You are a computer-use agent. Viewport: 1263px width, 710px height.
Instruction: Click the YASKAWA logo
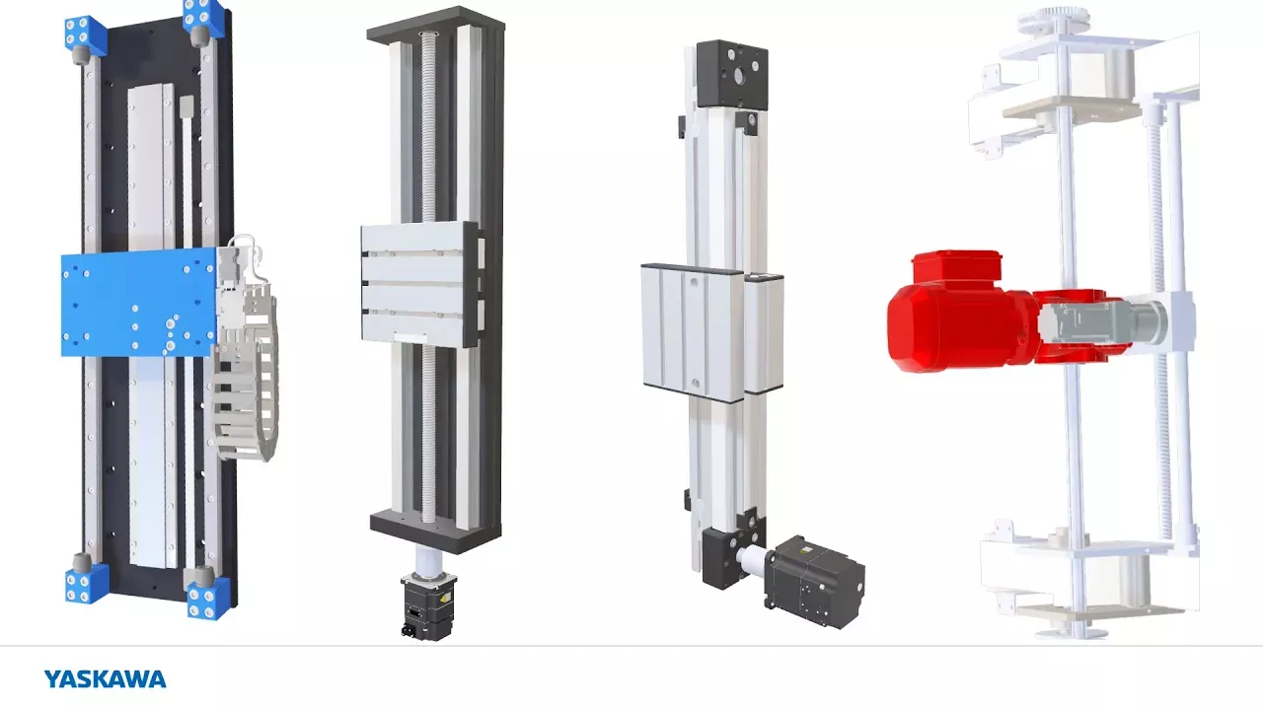pos(105,679)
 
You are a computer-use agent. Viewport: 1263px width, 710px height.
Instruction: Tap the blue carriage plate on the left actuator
pos(139,303)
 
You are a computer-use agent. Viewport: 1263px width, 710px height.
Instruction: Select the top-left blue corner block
pos(85,35)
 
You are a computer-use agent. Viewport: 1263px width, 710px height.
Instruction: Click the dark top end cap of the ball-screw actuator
pos(435,26)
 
